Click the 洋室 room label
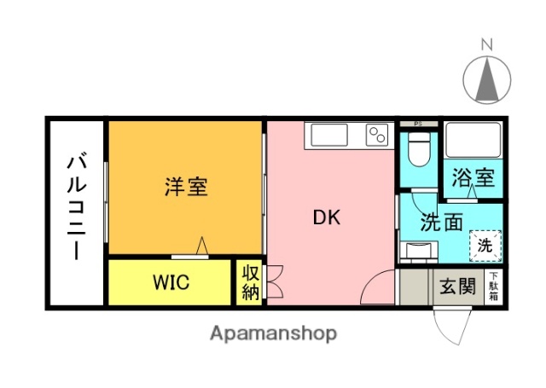pos(186,187)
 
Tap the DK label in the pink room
pos(327,217)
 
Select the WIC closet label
pos(171,282)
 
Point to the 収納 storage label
pos(250,283)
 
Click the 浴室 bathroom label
pos(473,180)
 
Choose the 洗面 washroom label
pos(443,223)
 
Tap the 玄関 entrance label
pos(457,287)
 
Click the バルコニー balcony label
pos(77,207)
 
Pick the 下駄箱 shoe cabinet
pos(494,286)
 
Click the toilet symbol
pos(418,152)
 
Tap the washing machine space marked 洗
pos(485,246)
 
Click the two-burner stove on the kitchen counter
pos(376,135)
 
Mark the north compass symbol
pos(487,79)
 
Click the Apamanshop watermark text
pos(273,333)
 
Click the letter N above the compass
pos(487,43)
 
